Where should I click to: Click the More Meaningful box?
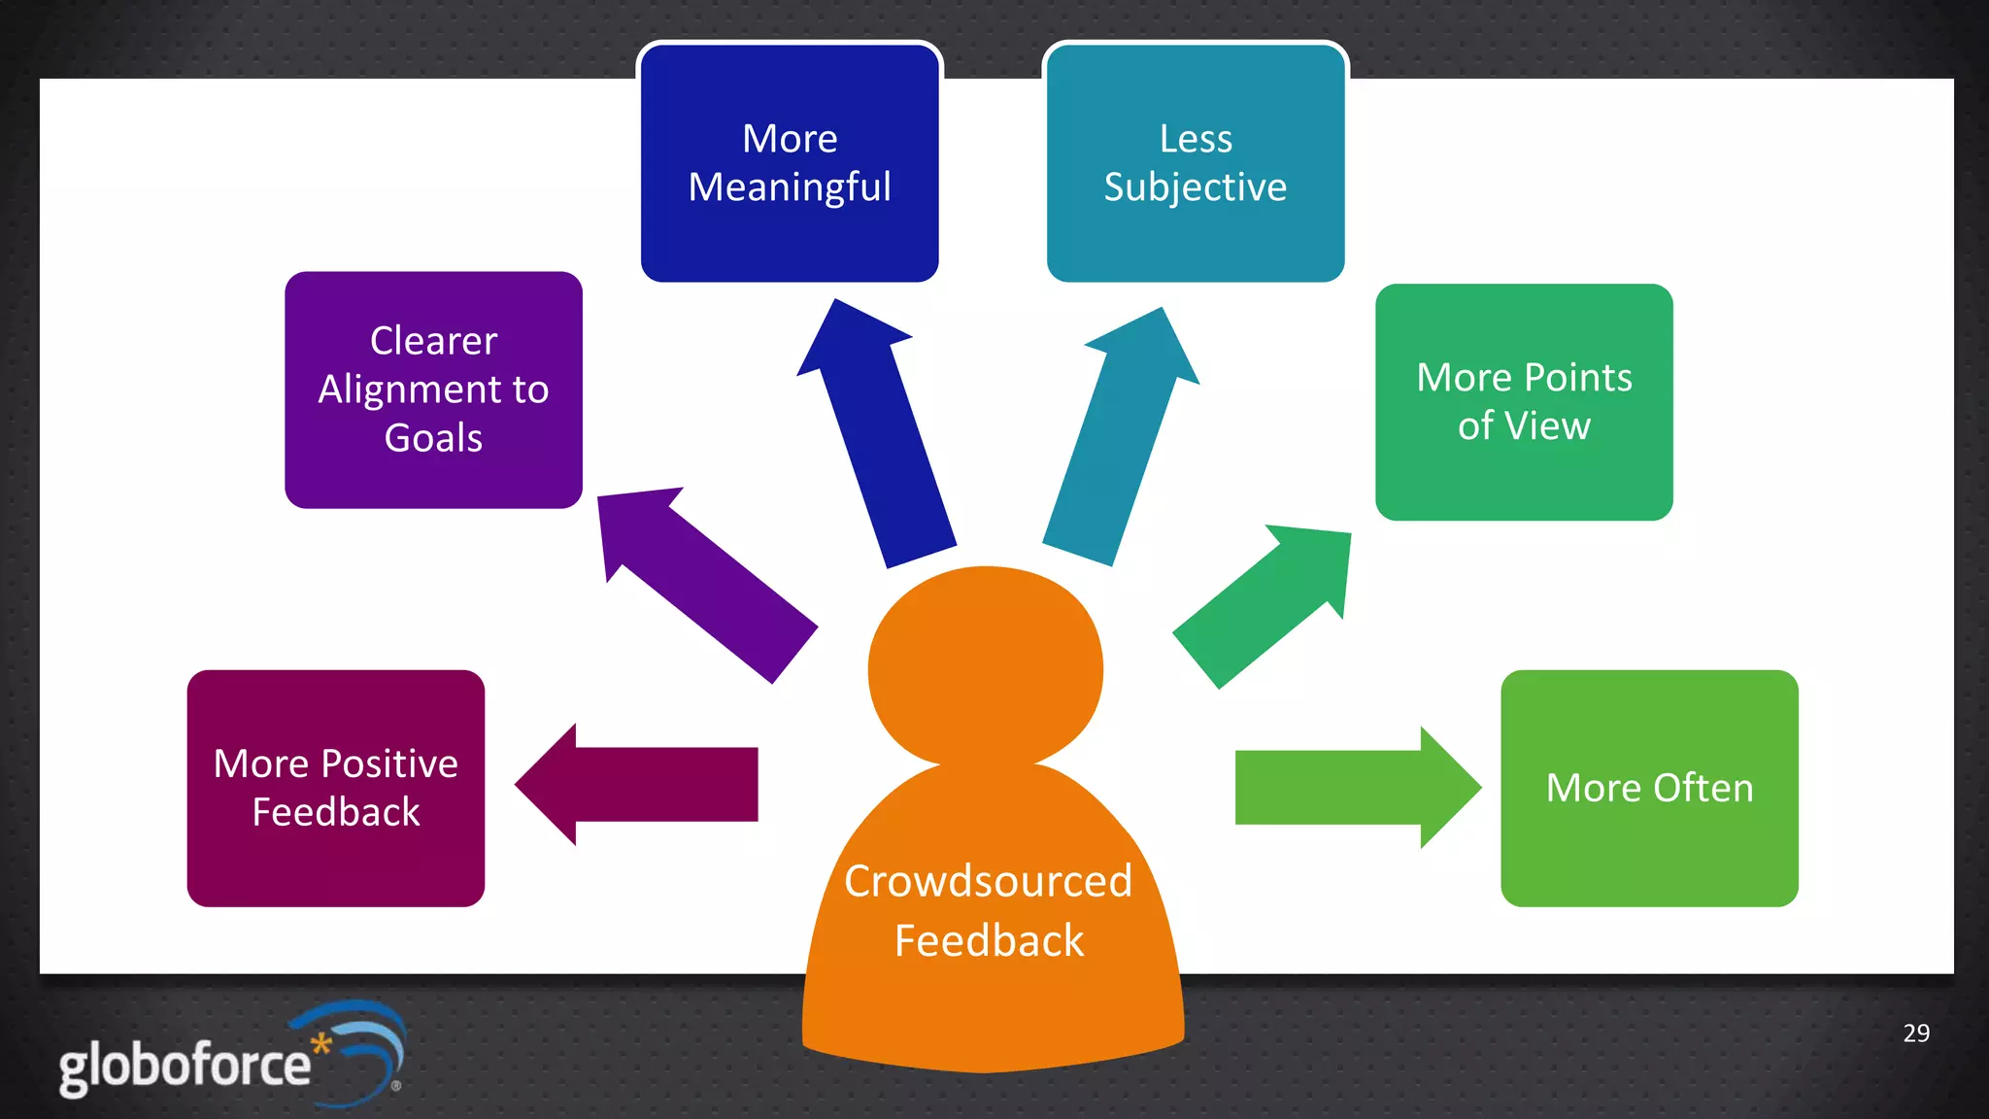790,162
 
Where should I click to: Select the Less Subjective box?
1196,162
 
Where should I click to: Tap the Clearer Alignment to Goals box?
433,390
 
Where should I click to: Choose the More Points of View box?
1524,401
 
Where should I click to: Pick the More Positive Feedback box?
336,788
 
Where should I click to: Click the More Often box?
1649,788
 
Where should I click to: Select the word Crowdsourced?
988,881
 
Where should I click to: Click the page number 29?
1916,1034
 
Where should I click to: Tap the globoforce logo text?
185,1066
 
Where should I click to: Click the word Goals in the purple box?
433,438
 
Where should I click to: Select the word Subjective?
1195,186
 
